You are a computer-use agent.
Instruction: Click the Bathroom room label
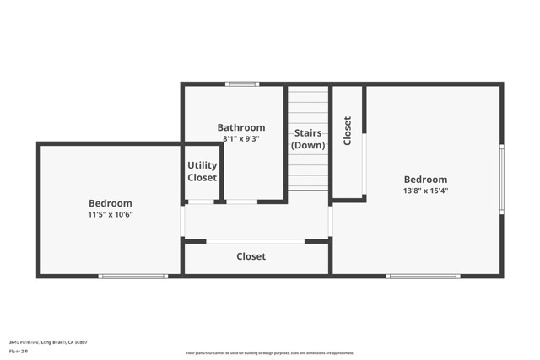[x=241, y=128]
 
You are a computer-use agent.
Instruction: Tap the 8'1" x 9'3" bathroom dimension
[x=241, y=138]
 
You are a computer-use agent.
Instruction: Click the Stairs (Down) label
[x=308, y=139]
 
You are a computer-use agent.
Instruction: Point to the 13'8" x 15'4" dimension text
[x=425, y=191]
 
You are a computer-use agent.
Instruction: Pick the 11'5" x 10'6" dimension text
[x=111, y=214]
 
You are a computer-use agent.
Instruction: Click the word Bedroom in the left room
[x=111, y=203]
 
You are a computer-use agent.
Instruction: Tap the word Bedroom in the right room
[x=425, y=180]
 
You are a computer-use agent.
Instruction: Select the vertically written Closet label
[x=347, y=131]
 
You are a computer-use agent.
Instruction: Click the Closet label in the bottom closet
[x=251, y=256]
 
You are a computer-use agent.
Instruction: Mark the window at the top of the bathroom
[x=241, y=83]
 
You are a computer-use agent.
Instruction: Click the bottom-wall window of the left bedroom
[x=132, y=276]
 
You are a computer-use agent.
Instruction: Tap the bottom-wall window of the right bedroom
[x=423, y=276]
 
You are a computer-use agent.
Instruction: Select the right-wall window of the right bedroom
[x=501, y=179]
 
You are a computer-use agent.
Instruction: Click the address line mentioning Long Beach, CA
[x=48, y=342]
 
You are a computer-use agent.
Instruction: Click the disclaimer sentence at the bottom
[x=269, y=353]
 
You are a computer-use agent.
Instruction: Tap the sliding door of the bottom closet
[x=255, y=241]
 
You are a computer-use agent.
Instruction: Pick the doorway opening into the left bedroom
[x=182, y=221]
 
